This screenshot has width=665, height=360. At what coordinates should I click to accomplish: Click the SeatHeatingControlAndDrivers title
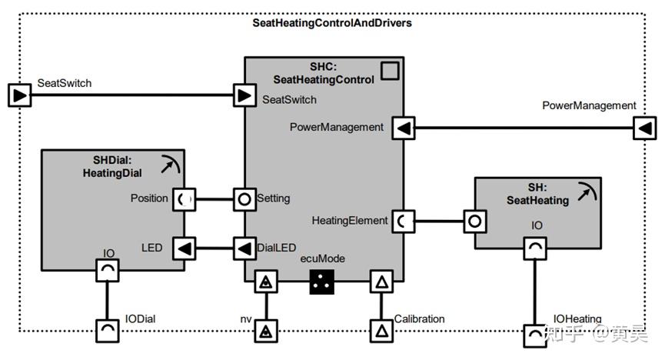(332, 23)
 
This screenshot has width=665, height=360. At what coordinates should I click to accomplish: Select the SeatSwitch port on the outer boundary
(19, 95)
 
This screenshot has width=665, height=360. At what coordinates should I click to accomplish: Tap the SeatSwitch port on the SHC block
(244, 95)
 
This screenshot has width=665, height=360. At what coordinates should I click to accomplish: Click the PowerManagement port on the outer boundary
(645, 128)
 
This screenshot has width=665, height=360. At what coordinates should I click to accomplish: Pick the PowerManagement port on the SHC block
(404, 128)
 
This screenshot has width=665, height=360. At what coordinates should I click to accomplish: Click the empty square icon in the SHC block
(390, 71)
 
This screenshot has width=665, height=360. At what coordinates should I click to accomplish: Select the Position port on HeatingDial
(184, 199)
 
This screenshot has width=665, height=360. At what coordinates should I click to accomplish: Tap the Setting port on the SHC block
(244, 199)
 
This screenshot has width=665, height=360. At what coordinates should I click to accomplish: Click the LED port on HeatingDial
(184, 248)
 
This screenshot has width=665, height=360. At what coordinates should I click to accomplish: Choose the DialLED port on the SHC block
(244, 248)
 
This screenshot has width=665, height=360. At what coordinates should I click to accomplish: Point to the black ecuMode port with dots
(322, 282)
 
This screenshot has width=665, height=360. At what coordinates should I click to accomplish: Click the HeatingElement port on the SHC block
(404, 222)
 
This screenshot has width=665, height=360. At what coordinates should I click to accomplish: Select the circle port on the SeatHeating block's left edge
(475, 222)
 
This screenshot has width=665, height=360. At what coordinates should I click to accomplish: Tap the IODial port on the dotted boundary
(108, 331)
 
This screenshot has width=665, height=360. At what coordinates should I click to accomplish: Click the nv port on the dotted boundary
(266, 331)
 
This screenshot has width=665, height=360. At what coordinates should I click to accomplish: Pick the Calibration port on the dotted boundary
(381, 331)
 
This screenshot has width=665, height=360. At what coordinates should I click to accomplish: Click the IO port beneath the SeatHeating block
(535, 248)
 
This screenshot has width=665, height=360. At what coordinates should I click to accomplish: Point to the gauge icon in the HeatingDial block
(171, 165)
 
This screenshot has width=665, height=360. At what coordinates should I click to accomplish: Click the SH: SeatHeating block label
(537, 194)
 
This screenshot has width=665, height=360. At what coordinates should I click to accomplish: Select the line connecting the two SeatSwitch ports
(132, 95)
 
